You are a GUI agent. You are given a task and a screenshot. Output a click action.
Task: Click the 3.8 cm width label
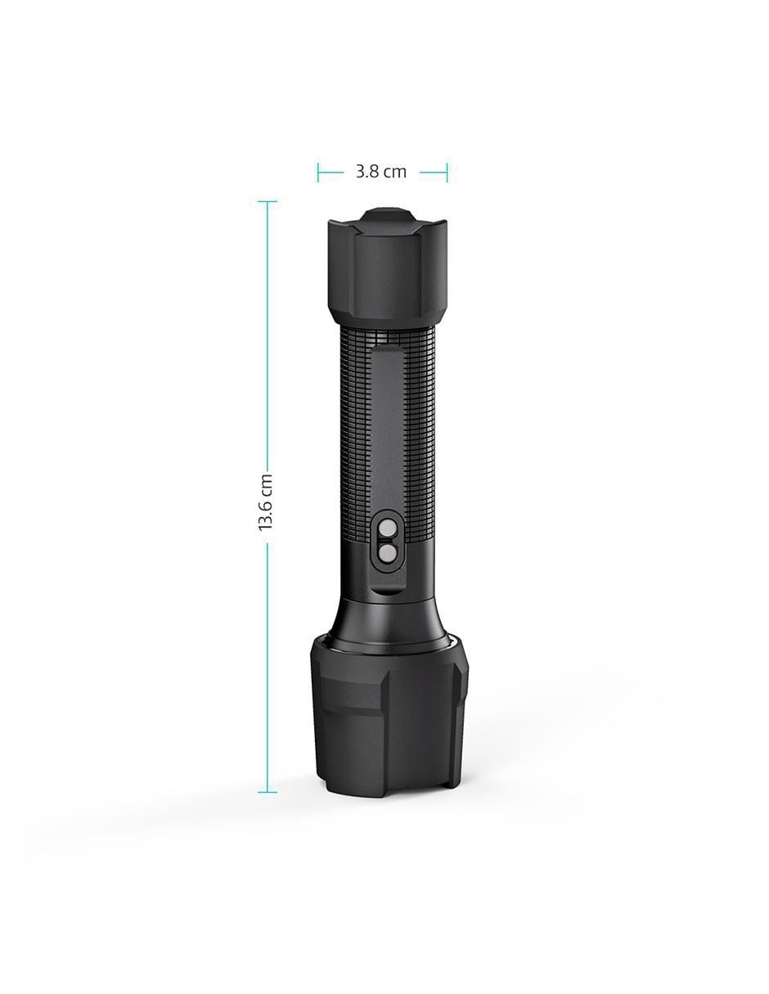click(x=381, y=173)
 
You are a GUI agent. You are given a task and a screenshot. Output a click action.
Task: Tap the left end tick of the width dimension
click(x=318, y=173)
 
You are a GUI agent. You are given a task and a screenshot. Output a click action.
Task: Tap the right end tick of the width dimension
click(x=447, y=173)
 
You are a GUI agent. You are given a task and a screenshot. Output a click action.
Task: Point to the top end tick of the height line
click(x=268, y=201)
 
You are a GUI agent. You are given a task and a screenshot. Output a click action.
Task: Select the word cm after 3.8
click(x=395, y=173)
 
